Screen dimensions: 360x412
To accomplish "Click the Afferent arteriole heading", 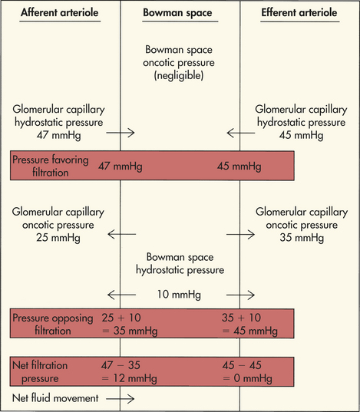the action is [60, 12].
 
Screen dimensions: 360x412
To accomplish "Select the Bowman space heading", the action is [177, 13].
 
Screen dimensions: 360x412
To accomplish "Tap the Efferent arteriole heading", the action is [299, 12].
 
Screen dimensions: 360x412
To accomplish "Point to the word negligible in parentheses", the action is [179, 75].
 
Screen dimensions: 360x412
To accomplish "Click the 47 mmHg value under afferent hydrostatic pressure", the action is [58, 135].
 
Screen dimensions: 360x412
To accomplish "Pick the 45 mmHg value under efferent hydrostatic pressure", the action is [302, 135].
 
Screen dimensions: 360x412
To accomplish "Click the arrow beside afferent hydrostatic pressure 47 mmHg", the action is [121, 133].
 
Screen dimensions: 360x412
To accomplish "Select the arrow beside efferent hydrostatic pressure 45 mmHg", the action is [241, 133].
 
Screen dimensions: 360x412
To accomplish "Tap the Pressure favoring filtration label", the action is [51, 166].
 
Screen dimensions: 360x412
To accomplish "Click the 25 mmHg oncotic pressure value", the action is [58, 238].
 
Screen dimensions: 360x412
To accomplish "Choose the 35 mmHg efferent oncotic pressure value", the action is [302, 238].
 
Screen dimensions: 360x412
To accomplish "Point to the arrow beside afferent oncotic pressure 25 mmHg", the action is [122, 234].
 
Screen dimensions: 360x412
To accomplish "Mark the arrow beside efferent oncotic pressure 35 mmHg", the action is [240, 234].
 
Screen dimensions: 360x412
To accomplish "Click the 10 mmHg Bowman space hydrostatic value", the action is [179, 295].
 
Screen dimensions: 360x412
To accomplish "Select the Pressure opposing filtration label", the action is [53, 324].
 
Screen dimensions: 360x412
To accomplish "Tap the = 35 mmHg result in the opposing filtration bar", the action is [130, 331].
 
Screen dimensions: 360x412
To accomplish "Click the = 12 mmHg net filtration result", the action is [130, 378].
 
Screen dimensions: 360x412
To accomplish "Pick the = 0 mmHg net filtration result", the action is [247, 378].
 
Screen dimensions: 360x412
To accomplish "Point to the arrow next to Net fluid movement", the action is [121, 399].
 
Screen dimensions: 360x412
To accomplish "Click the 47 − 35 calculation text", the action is [121, 365].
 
